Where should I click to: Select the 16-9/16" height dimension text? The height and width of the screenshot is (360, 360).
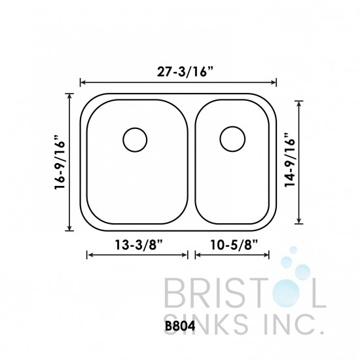pos(60,162)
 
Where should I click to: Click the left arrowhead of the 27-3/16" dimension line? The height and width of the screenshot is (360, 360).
pos(82,82)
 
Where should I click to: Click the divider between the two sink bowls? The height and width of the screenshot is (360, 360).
pos(190,162)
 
